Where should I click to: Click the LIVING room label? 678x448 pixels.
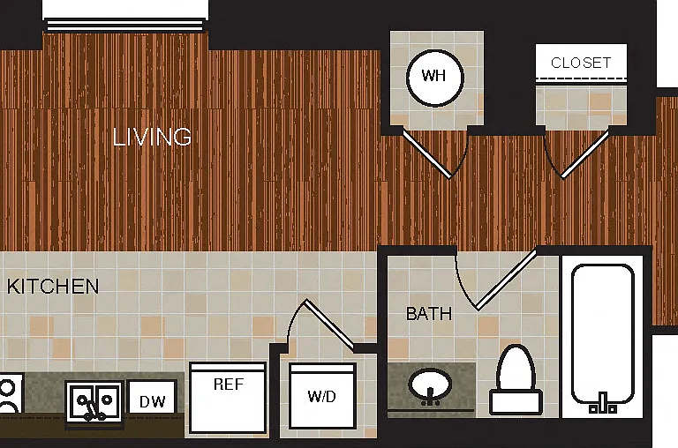(x=152, y=137)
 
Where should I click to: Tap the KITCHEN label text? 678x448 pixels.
(x=53, y=287)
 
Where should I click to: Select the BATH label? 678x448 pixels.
(x=429, y=314)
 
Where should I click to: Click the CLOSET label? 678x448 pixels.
(x=581, y=63)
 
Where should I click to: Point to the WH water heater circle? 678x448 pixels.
(x=435, y=78)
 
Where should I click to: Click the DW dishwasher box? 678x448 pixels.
(x=152, y=397)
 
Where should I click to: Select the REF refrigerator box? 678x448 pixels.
(x=228, y=398)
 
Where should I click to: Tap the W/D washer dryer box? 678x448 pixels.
(x=322, y=396)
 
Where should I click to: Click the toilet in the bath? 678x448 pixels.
(x=516, y=380)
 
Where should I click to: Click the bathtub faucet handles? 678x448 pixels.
(x=603, y=404)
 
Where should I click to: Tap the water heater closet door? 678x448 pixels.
(x=427, y=153)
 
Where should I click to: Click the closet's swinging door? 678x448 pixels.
(x=585, y=153)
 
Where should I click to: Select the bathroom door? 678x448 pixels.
(x=506, y=280)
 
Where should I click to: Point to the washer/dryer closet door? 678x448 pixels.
(x=328, y=323)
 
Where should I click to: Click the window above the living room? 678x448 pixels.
(x=125, y=25)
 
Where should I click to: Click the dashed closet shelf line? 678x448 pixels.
(x=581, y=79)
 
